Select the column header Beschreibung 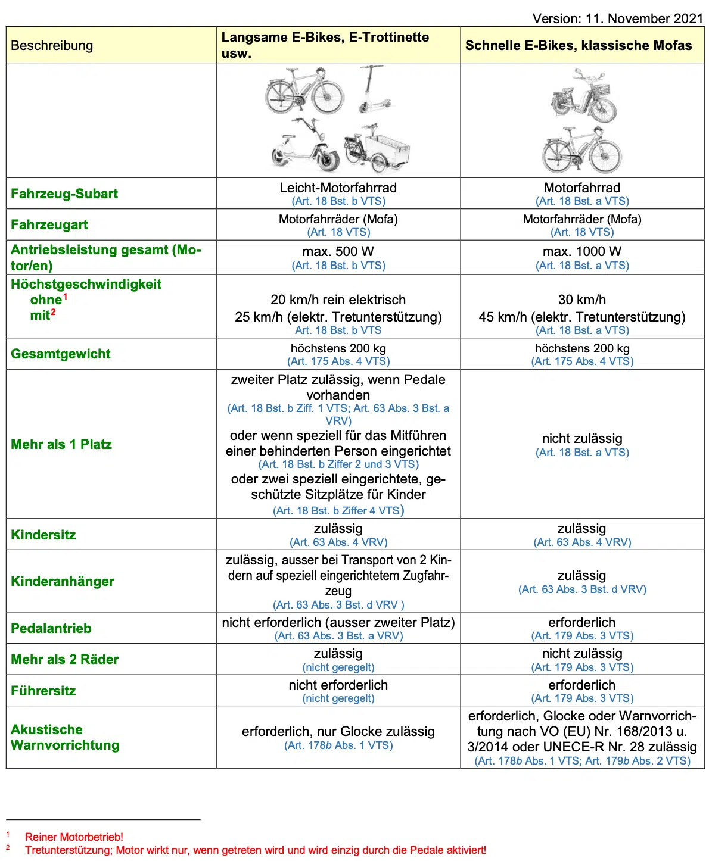coord(52,45)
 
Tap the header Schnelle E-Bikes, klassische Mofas coord(579,45)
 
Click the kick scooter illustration coord(374,89)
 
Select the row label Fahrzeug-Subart coord(64,194)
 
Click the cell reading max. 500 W coord(338,251)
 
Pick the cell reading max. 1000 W coord(582,251)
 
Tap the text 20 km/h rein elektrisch coord(338,300)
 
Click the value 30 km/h coord(582,300)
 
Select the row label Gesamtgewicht coord(61,354)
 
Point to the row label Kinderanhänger coord(63,581)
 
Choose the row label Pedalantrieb coord(51,628)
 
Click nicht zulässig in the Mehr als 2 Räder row coord(582,653)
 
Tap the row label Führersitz coord(43,691)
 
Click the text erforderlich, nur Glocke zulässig coord(338,731)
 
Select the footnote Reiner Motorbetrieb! coord(74,837)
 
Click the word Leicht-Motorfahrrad coord(338,188)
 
